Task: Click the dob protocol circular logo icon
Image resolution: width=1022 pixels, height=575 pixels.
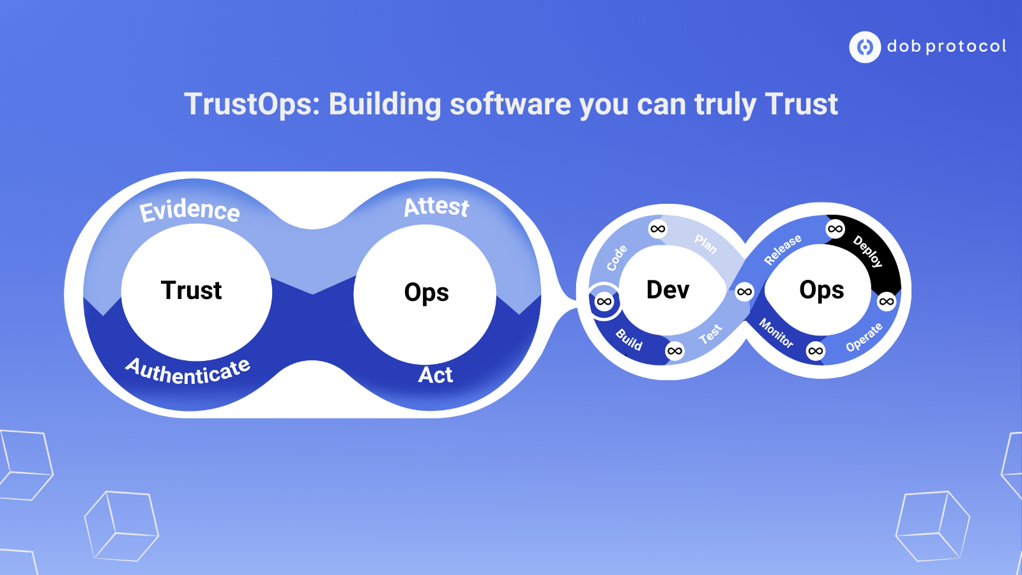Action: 865,47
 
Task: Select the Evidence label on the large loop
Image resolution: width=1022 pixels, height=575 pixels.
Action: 189,211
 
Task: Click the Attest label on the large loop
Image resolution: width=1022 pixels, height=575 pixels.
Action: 436,207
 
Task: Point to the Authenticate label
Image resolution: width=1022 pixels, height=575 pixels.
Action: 188,371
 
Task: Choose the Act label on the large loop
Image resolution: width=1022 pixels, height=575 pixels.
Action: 435,375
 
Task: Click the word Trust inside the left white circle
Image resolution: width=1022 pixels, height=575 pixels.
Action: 191,290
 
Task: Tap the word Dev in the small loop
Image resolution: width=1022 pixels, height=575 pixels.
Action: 667,290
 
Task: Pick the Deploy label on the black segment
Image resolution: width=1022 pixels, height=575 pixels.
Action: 868,251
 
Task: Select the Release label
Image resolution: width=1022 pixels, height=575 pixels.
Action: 782,250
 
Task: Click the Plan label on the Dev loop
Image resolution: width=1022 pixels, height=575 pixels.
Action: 706,243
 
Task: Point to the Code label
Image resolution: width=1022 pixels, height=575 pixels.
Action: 617,258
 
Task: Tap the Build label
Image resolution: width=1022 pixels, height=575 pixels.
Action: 629,340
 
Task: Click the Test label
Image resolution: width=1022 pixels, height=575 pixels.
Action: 711,334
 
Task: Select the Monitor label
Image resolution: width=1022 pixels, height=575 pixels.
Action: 776,333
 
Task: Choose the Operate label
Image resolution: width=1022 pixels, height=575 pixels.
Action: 864,337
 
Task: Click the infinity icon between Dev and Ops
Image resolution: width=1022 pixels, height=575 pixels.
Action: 744,291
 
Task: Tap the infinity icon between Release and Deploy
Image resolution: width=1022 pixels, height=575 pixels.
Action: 835,229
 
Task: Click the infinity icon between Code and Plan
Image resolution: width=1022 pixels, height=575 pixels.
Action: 657,229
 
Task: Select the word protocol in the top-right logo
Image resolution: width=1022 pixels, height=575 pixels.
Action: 966,47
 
